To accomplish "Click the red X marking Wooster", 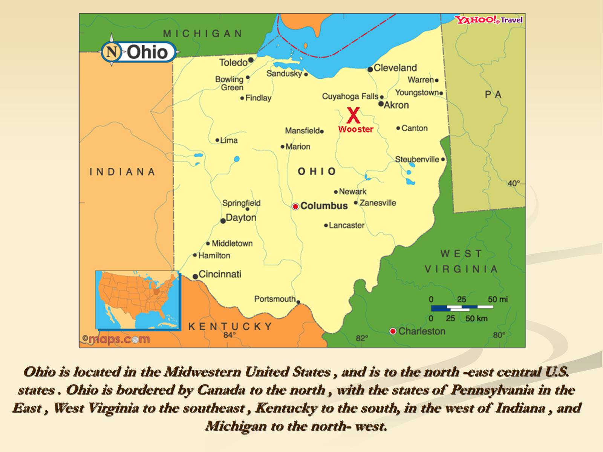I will click(x=353, y=116).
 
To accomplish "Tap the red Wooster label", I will click(x=355, y=129).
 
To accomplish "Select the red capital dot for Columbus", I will click(x=295, y=206).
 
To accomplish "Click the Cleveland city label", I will click(x=395, y=68).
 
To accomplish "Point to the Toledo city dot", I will click(x=251, y=60).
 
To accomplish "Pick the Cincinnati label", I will click(x=220, y=274).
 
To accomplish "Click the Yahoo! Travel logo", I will click(x=489, y=20).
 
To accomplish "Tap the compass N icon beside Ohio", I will click(x=112, y=52).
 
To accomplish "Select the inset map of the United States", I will click(x=138, y=300).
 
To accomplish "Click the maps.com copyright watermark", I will click(x=116, y=339).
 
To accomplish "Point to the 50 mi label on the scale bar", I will click(x=497, y=299).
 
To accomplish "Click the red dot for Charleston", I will click(x=393, y=331).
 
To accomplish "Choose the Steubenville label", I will click(x=417, y=159).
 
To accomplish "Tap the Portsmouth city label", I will click(x=275, y=299).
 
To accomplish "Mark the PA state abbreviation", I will click(x=493, y=95).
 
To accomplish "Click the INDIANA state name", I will click(x=122, y=172).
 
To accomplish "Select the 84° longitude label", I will click(x=229, y=335).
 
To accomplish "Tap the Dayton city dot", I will click(x=223, y=221).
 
